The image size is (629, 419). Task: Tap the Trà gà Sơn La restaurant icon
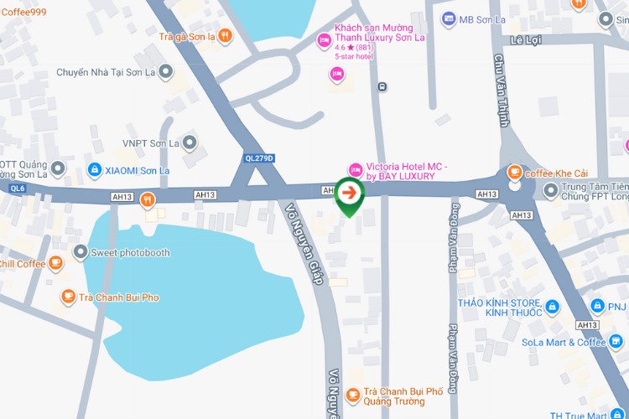coord(225,36)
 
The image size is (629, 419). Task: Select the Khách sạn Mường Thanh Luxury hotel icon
coord(324,39)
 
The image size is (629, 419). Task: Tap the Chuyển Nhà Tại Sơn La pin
coord(165,71)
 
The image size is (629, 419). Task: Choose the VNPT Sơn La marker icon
coord(190,143)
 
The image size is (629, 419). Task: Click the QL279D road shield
coord(259,158)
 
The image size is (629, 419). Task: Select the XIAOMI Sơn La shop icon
coord(96,170)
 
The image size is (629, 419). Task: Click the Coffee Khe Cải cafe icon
coord(514,173)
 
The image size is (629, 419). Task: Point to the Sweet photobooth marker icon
coord(80,252)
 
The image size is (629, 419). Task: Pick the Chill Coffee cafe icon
coord(55,264)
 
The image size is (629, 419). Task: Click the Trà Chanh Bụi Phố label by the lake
coord(119,297)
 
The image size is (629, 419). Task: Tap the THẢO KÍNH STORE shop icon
coord(553,307)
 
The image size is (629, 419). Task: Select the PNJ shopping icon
coord(597,307)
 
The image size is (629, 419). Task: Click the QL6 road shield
coord(17,189)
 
